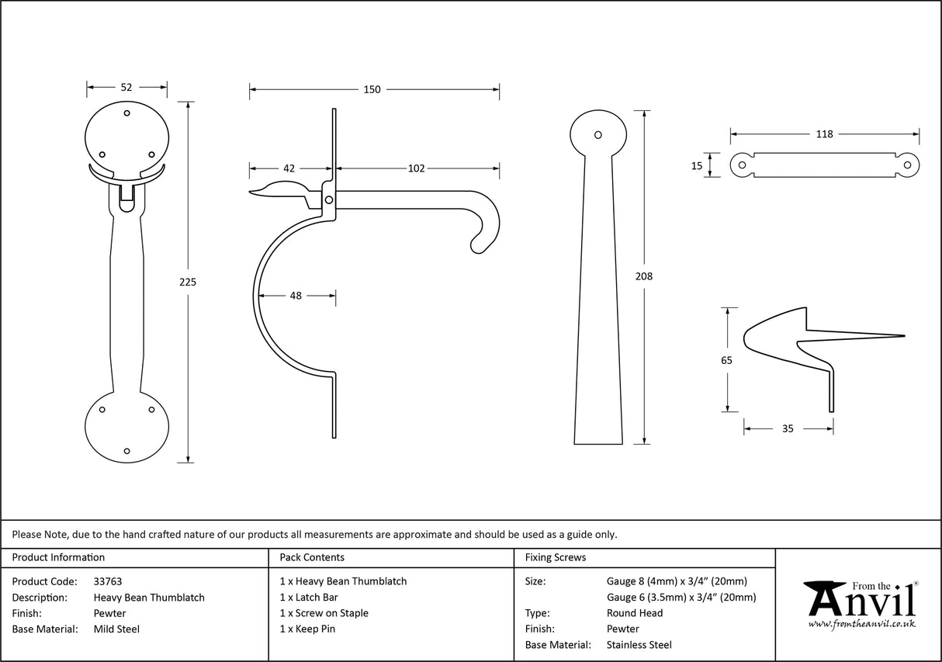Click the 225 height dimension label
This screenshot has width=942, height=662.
pos(188,282)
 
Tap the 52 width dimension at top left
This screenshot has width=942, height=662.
pos(126,88)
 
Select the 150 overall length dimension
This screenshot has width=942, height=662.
pos(372,89)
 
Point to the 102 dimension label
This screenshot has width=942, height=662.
pos(416,168)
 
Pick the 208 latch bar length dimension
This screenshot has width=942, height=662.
pos(644,276)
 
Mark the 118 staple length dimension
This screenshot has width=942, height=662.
pos(824,134)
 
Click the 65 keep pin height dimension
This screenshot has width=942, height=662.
pos(726,360)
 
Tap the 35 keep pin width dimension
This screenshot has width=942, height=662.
pos(788,428)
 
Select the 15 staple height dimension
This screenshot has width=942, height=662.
pos(697,165)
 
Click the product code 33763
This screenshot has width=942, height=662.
pos(107,581)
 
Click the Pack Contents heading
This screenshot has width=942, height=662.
pos(312,557)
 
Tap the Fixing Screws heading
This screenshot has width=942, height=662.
pos(556,557)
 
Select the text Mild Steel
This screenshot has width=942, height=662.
pos(116,629)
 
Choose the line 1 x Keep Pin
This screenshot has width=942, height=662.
pos(307,629)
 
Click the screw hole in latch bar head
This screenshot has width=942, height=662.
pos(597,135)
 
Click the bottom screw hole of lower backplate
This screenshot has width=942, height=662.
pos(127,450)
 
